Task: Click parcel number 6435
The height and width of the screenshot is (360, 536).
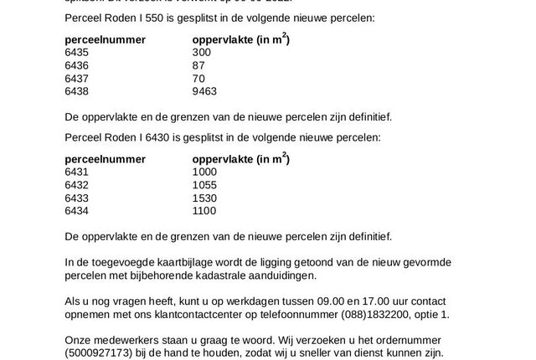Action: [x=76, y=52]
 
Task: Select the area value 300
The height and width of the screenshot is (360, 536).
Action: [x=202, y=52]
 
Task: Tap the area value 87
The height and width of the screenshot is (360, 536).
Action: [x=198, y=64]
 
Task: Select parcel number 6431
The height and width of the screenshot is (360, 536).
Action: [x=76, y=172]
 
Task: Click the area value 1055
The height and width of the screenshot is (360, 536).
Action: [x=205, y=184]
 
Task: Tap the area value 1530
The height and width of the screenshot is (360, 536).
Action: [x=205, y=197]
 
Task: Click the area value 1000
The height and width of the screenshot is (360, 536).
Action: [x=205, y=172]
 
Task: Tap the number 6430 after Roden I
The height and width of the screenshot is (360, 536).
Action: [x=152, y=136]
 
